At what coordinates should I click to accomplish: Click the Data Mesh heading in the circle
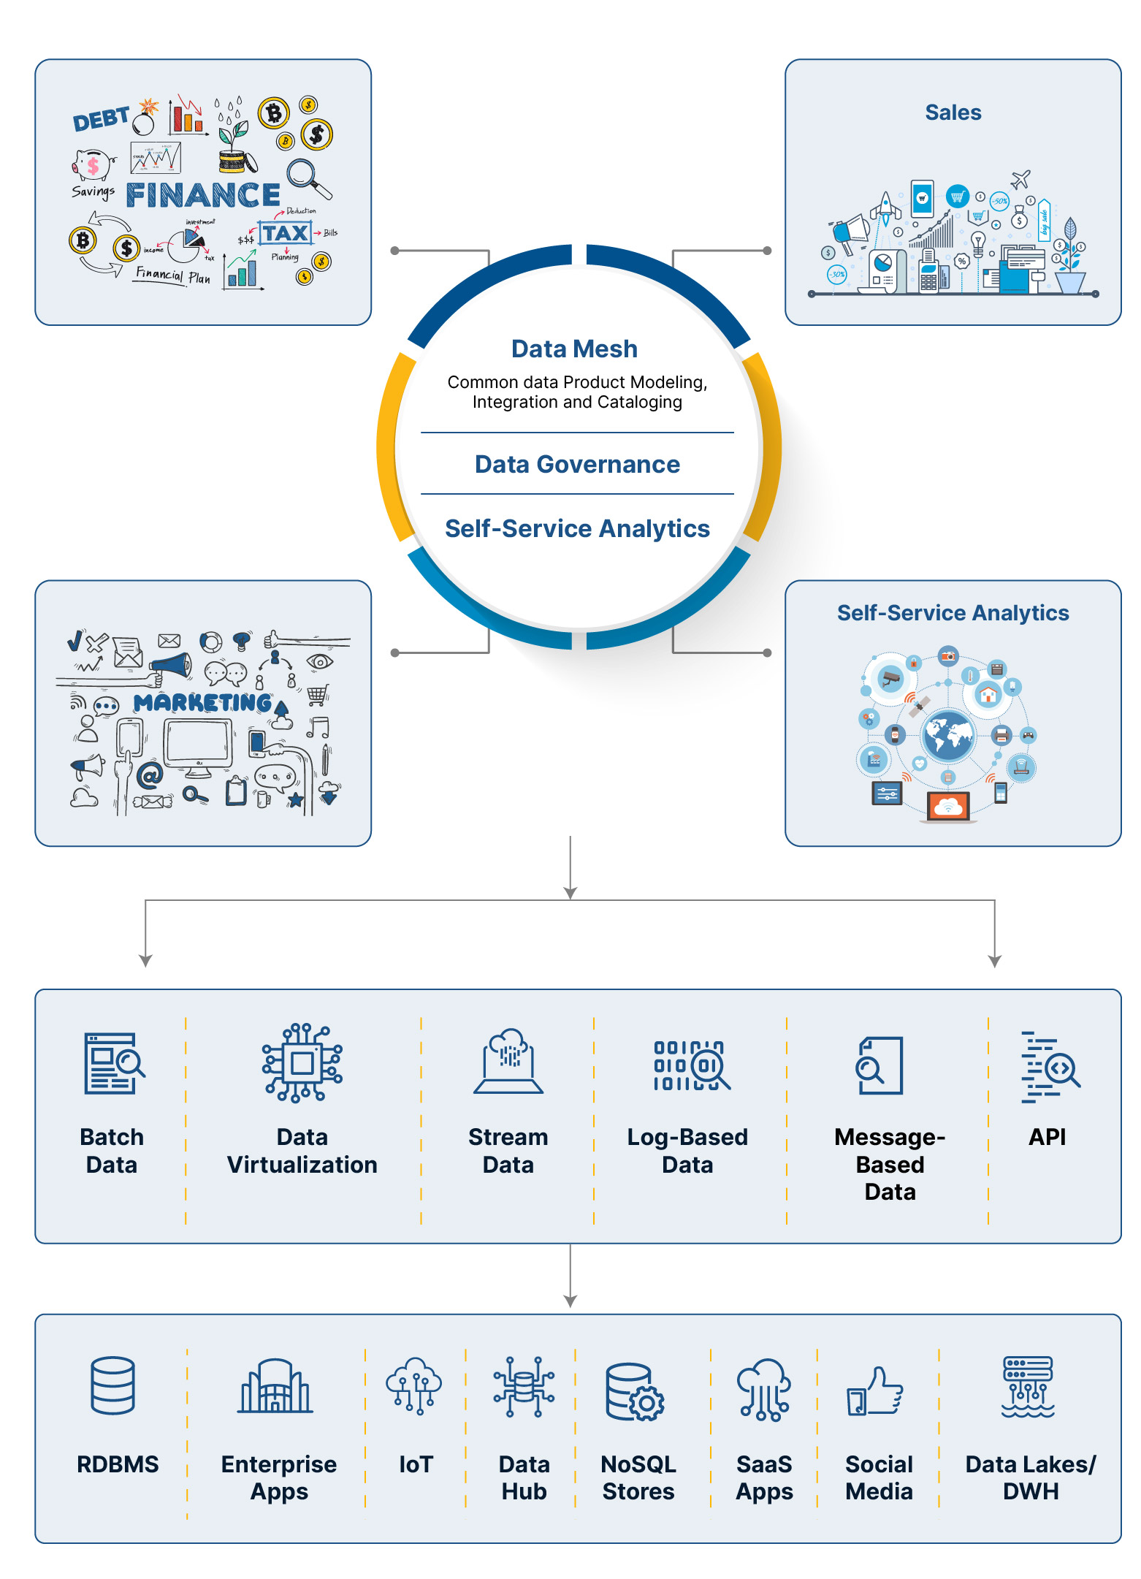tap(574, 349)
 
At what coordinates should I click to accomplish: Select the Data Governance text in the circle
tap(577, 465)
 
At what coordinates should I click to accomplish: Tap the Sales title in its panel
tap(953, 113)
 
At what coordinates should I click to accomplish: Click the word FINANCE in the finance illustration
tap(203, 195)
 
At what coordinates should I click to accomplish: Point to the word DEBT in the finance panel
tap(101, 119)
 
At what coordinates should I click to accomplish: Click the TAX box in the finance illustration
tap(285, 233)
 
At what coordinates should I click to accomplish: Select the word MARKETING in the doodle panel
tap(203, 703)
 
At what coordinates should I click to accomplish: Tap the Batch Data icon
tap(112, 1063)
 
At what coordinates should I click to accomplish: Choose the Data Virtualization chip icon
tap(302, 1062)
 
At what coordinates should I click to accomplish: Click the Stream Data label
tap(508, 1151)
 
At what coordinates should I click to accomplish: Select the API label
tap(1047, 1137)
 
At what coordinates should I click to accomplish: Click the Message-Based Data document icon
tap(880, 1065)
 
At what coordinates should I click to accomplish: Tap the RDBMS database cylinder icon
tap(113, 1385)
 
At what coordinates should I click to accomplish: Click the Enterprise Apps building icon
tap(276, 1387)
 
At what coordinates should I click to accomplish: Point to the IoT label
tap(416, 1464)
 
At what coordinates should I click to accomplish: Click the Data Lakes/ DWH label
tap(1030, 1477)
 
